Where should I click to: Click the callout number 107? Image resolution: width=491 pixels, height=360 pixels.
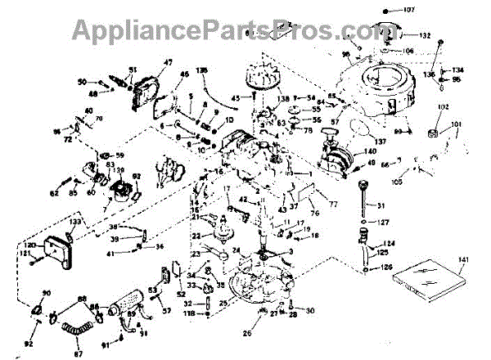point(410,11)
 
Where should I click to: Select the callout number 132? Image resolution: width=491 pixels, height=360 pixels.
point(425,36)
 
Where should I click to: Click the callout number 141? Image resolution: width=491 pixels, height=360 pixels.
point(464,260)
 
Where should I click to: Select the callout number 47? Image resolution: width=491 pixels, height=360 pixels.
point(169,63)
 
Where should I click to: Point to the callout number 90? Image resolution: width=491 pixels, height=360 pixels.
point(46,293)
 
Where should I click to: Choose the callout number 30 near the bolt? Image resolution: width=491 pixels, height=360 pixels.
point(310,311)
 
